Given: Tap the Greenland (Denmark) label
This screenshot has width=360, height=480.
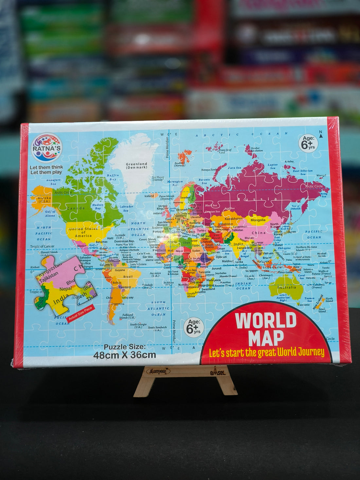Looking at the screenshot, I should tap(136, 166).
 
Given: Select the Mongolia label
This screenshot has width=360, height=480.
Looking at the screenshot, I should tap(258, 220).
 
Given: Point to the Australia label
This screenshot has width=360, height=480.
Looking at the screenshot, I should tap(287, 287).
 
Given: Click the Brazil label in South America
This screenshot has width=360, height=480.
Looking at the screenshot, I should tap(128, 276).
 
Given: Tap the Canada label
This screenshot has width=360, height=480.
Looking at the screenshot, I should tap(76, 208).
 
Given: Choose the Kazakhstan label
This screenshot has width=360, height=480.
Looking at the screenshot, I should tap(234, 219).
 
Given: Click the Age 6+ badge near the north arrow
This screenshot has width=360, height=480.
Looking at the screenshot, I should tap(308, 143).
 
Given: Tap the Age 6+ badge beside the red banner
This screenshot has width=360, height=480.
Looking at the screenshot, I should tap(193, 327).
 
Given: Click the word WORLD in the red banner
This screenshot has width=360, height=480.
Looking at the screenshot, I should tap(265, 320).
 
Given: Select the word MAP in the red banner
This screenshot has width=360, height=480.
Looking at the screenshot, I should tap(266, 338).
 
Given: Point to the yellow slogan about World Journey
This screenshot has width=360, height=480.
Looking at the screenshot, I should tap(266, 352).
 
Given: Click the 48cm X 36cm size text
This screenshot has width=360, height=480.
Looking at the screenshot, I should tap(124, 355).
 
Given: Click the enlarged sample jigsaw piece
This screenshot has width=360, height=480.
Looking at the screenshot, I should tap(64, 283).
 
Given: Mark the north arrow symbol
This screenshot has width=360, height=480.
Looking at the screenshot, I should tap(321, 134).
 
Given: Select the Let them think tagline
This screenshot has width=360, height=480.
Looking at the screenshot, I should tap(46, 169).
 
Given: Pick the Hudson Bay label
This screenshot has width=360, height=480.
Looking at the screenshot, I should tap(98, 206).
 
